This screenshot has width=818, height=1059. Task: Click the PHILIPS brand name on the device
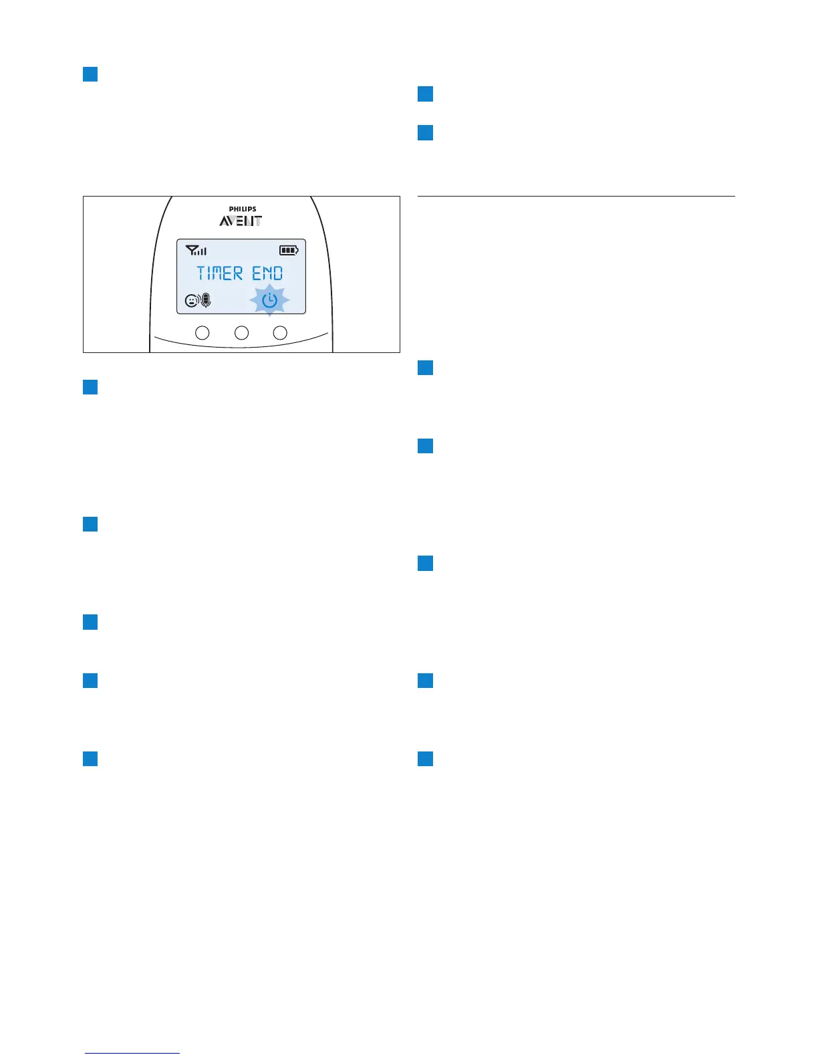pyautogui.click(x=242, y=209)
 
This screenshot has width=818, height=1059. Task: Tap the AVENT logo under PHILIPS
pyautogui.click(x=241, y=221)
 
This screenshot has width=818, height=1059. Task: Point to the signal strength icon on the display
pyautogui.click(x=196, y=251)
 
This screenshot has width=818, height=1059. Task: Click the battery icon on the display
pyautogui.click(x=289, y=251)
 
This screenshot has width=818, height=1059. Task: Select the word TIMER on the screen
pyautogui.click(x=219, y=273)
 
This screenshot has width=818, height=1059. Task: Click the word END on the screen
pyautogui.click(x=267, y=273)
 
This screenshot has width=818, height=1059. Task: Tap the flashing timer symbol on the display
pyautogui.click(x=269, y=301)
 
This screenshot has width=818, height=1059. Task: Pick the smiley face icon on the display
pyautogui.click(x=191, y=302)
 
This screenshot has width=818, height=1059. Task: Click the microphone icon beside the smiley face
pyautogui.click(x=206, y=301)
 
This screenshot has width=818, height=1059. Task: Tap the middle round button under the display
pyautogui.click(x=241, y=332)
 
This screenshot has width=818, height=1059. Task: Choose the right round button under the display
pyautogui.click(x=281, y=332)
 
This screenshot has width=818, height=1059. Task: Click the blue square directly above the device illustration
pyautogui.click(x=90, y=74)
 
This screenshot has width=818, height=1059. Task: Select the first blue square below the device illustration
pyautogui.click(x=90, y=387)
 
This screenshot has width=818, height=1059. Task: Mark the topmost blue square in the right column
pyautogui.click(x=425, y=94)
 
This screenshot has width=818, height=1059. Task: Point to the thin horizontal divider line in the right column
pyautogui.click(x=576, y=197)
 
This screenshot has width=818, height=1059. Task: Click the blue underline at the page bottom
pyautogui.click(x=132, y=1054)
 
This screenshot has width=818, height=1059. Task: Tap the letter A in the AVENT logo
pyautogui.click(x=225, y=221)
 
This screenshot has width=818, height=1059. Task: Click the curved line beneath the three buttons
pyautogui.click(x=241, y=344)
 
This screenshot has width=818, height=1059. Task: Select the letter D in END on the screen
pyautogui.click(x=277, y=273)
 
